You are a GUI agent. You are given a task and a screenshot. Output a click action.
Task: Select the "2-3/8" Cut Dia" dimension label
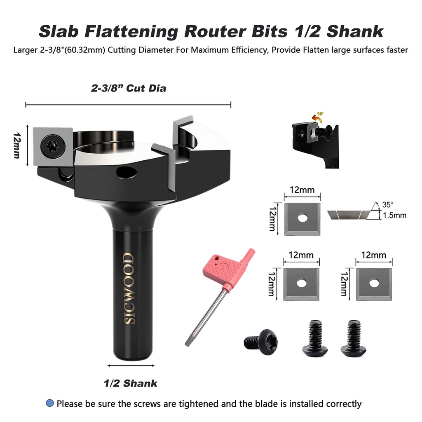[129, 88]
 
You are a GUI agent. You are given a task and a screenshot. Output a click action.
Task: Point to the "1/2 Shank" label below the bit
[130, 383]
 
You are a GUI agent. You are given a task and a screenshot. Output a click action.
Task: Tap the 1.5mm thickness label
[394, 215]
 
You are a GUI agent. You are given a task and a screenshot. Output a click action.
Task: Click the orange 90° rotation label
[320, 114]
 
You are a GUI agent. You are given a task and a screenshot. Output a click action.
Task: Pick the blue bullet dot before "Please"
[50, 403]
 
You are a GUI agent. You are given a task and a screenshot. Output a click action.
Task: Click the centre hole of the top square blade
[303, 218]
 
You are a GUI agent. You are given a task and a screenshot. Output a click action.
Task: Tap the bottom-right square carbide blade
[374, 283]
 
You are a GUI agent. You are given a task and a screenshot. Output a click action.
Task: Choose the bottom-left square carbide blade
[302, 283]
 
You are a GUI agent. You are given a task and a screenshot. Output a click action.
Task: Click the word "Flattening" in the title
[138, 31]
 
